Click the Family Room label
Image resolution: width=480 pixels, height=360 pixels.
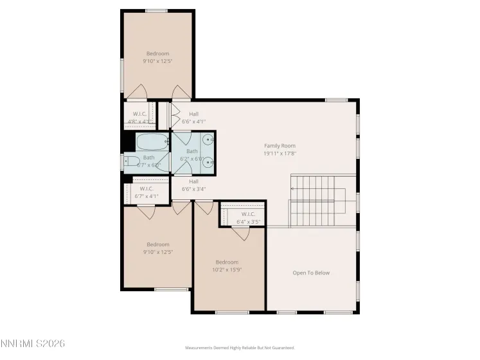[x=280, y=146]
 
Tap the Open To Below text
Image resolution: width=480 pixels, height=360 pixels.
[x=311, y=273]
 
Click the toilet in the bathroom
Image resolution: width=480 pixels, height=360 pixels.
[x=131, y=161]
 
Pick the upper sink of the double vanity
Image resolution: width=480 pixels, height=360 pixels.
[x=208, y=139]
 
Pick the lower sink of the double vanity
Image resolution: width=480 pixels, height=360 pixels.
[x=208, y=163]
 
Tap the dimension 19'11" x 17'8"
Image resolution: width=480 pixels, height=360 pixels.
[x=280, y=154]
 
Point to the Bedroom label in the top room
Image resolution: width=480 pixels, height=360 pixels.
[x=157, y=53]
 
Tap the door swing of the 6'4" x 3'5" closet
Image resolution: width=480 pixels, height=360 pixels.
[x=241, y=233]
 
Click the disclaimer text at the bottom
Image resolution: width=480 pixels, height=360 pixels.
[x=240, y=348]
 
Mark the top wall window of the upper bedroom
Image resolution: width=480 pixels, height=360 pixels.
[x=156, y=10]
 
